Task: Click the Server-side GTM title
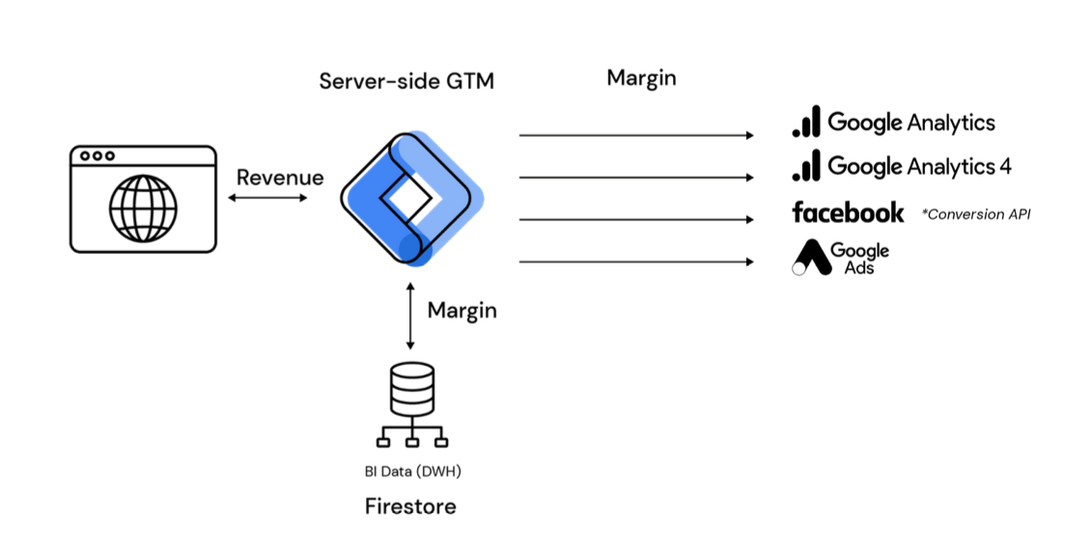click(406, 81)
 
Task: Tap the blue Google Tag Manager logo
click(410, 198)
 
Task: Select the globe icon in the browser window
click(143, 208)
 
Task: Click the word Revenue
click(280, 178)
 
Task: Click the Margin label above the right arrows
click(641, 78)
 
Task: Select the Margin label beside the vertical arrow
click(462, 310)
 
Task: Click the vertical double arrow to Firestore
click(411, 316)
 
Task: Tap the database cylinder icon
click(411, 389)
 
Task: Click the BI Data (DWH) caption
click(411, 473)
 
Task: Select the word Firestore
click(410, 506)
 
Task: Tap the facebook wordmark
click(848, 212)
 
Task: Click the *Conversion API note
click(975, 214)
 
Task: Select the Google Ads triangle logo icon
click(809, 257)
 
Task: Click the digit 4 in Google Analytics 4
click(1005, 166)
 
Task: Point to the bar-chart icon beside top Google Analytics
click(806, 122)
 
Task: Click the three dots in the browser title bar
click(98, 155)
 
